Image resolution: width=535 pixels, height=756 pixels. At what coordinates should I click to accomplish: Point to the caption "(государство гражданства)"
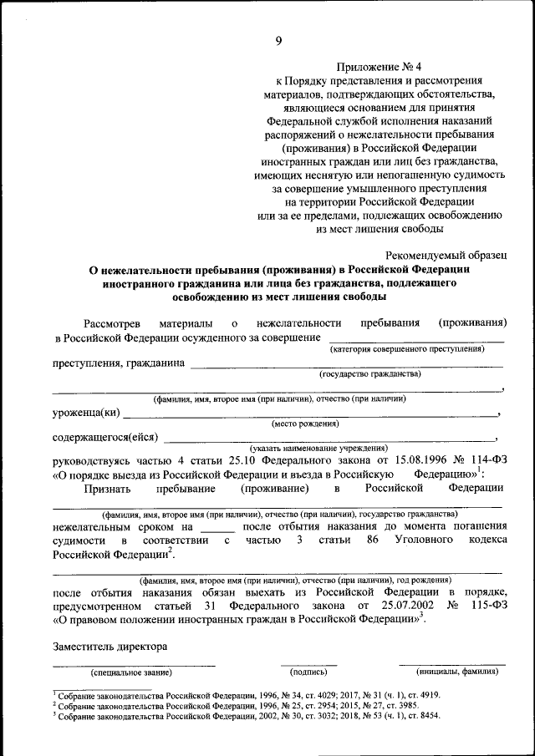coord(370,374)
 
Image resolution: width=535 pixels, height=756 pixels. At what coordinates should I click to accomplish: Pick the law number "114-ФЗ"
coord(487,459)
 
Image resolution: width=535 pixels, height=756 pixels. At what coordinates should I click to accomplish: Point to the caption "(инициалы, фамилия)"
coord(451,672)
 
